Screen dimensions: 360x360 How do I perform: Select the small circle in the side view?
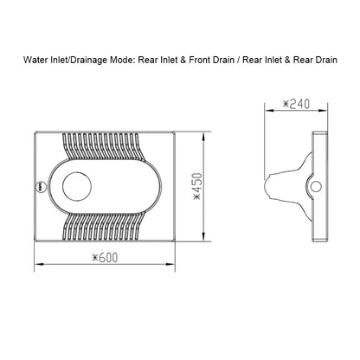pos(315,185)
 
